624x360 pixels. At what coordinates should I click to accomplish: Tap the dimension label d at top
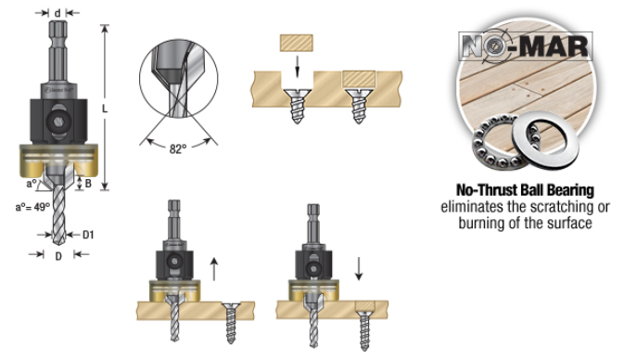click(x=58, y=12)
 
